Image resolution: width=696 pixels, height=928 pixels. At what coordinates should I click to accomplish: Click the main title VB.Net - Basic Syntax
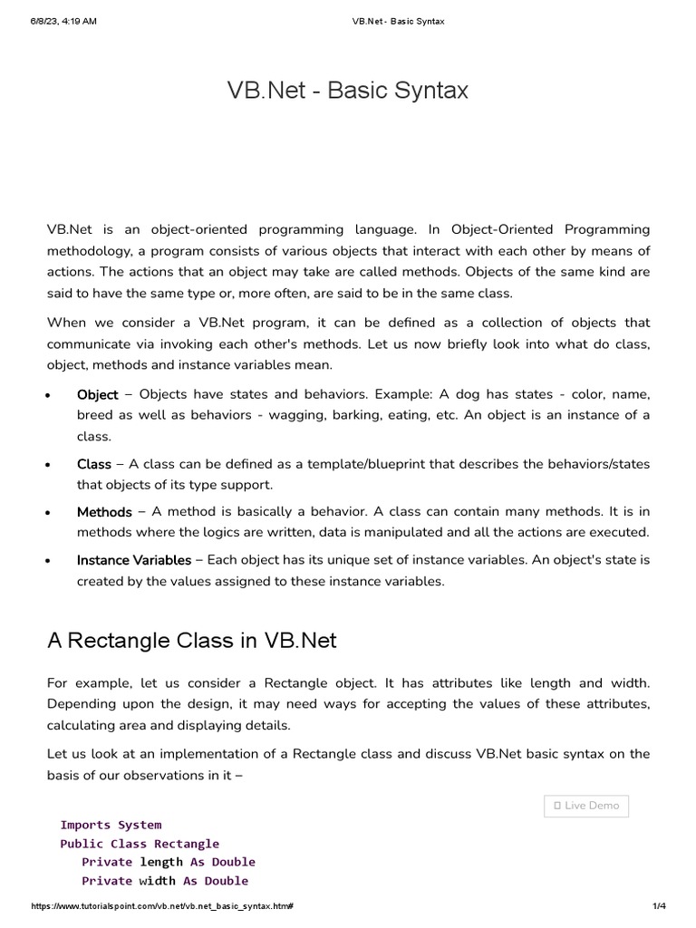click(348, 91)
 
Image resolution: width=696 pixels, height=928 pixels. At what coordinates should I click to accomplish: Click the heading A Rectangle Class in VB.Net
click(191, 641)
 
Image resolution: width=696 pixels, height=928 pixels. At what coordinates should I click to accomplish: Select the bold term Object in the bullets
click(97, 395)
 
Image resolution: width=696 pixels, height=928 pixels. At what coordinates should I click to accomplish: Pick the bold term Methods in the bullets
click(104, 512)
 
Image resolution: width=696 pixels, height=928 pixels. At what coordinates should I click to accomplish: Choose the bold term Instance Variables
click(134, 560)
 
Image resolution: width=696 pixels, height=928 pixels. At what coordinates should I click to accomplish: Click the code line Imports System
click(111, 825)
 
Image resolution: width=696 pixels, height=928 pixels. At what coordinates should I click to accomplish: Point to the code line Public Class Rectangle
click(140, 844)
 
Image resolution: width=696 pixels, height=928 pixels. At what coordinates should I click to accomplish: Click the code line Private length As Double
click(169, 862)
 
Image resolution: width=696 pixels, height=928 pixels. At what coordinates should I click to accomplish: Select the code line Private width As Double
click(165, 881)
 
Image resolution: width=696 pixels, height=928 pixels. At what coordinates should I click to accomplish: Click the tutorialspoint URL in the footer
click(162, 907)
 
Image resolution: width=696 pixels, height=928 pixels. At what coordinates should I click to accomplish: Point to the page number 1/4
click(659, 907)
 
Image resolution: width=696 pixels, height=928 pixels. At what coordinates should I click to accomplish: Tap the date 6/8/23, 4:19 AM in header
click(63, 21)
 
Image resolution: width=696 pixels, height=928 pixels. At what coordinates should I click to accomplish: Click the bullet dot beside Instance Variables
click(46, 562)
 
